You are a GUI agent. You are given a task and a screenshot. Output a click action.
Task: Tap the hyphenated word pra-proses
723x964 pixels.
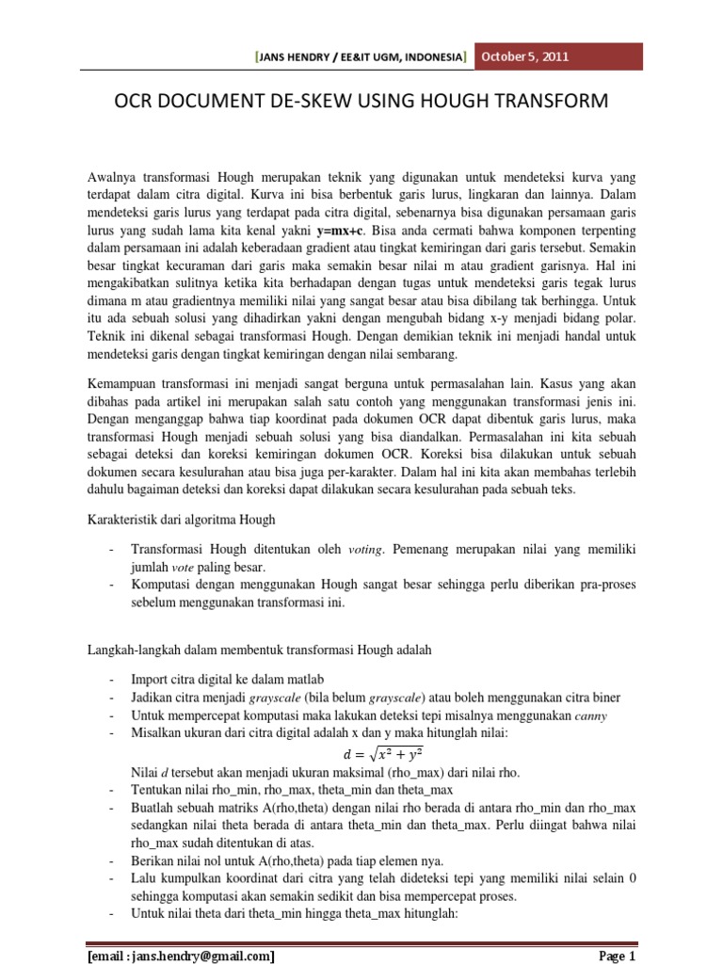[x=605, y=585]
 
